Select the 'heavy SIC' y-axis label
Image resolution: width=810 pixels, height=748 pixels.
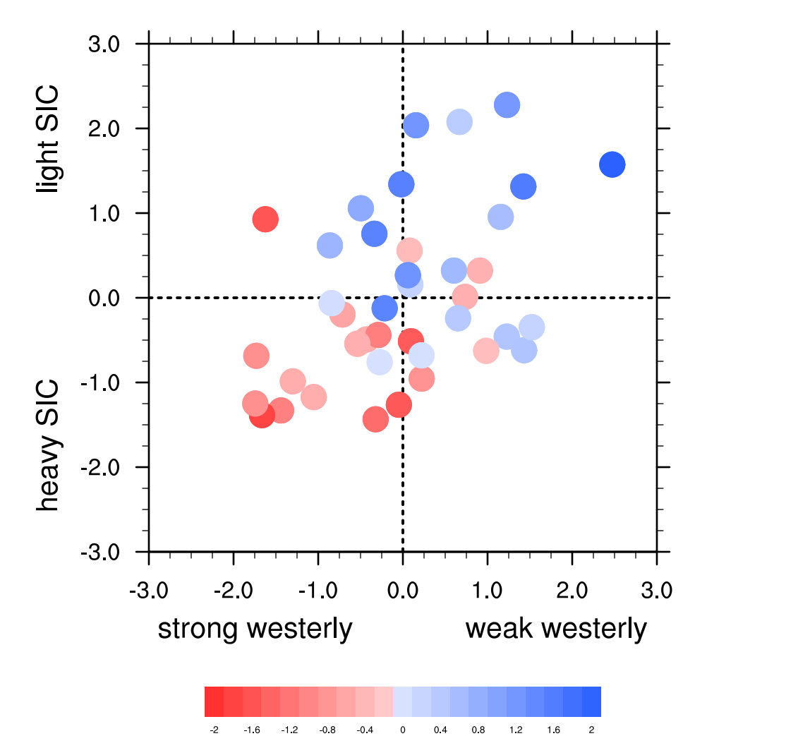[49, 446]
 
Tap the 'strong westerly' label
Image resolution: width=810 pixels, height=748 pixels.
[255, 627]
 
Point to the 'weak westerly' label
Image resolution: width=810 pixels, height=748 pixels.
[556, 627]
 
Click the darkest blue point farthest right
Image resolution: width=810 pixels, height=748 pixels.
[612, 164]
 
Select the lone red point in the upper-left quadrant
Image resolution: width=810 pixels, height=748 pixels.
[265, 219]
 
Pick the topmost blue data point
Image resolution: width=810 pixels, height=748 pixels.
[507, 105]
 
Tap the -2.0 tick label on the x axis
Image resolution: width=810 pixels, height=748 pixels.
[234, 588]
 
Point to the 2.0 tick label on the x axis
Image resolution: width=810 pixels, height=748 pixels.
[572, 588]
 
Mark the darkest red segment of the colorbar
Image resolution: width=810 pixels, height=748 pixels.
[214, 701]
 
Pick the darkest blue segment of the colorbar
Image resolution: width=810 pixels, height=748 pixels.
[591, 701]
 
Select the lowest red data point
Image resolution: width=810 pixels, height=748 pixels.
[376, 419]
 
